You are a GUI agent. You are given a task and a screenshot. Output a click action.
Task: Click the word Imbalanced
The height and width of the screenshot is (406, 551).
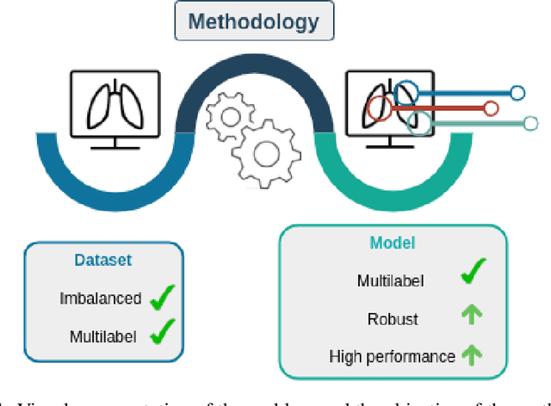pyautogui.click(x=101, y=298)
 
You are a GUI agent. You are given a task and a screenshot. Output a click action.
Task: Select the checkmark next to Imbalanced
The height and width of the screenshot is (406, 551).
pyautogui.click(x=162, y=298)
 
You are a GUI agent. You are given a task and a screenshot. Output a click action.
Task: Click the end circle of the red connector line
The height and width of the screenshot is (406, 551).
pyautogui.click(x=491, y=108)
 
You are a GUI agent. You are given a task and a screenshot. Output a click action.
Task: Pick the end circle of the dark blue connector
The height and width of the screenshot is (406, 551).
pyautogui.click(x=517, y=93)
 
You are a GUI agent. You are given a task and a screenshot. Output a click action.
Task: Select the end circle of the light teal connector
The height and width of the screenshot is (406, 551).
pyautogui.click(x=529, y=124)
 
